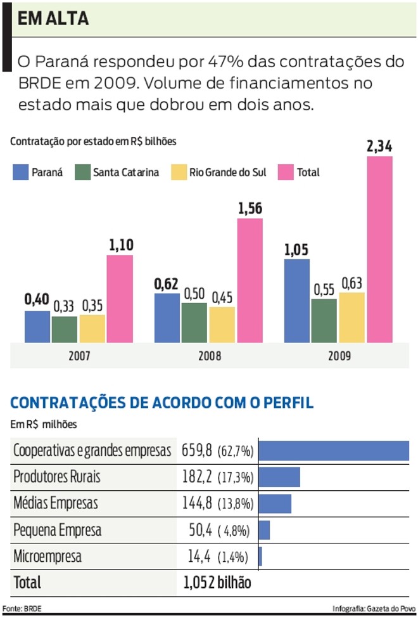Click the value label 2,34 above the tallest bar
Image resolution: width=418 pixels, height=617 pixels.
point(379,147)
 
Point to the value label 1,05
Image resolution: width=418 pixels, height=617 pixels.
point(296,250)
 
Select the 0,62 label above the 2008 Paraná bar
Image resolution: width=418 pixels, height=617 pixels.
point(167,283)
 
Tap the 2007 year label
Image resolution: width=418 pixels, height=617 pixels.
point(79,356)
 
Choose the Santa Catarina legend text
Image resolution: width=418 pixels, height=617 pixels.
point(125,172)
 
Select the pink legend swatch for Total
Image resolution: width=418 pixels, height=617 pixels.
point(286,172)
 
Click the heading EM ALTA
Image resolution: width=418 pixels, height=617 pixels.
point(53,19)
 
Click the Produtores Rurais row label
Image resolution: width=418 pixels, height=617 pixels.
point(57,477)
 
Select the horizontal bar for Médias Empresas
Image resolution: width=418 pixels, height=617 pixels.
point(275,504)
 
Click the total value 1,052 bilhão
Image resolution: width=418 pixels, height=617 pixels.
point(217,582)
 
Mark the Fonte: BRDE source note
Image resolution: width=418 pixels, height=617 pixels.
point(23,608)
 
